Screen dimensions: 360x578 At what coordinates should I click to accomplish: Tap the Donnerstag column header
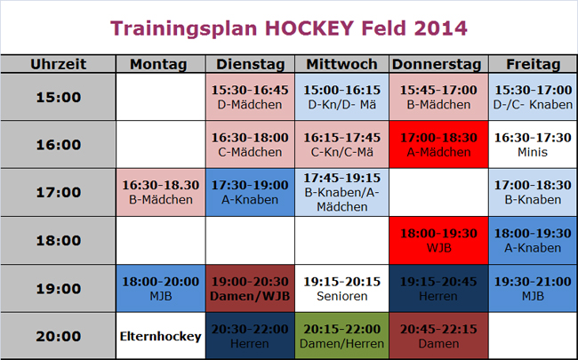[x=437, y=64]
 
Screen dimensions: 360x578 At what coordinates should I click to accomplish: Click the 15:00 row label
[x=58, y=97]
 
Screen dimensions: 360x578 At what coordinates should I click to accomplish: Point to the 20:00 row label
[x=58, y=336]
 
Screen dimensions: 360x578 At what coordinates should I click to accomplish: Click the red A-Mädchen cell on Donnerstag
[x=437, y=145]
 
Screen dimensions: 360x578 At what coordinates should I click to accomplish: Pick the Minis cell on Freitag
[x=533, y=145]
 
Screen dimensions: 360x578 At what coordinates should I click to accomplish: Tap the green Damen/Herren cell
[x=342, y=336]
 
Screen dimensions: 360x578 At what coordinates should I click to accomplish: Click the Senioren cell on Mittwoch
[x=342, y=288]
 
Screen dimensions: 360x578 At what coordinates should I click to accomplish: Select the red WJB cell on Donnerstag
[x=437, y=240]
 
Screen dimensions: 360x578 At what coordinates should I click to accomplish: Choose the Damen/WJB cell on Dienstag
[x=250, y=288]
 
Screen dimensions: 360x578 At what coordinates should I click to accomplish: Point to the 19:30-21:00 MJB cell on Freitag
[x=533, y=288]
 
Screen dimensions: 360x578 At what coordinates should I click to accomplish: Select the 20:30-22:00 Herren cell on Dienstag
[x=250, y=336]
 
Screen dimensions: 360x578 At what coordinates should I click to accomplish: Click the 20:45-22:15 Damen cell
[x=437, y=336]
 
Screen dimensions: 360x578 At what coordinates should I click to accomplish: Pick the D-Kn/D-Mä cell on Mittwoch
[x=342, y=97]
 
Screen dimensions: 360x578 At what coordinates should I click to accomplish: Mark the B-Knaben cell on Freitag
[x=533, y=192]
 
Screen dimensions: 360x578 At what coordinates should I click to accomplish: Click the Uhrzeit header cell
[x=58, y=64]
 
